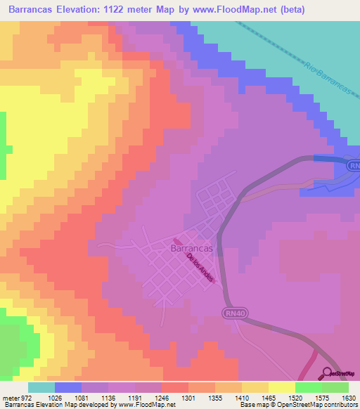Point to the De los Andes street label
tap(200, 268)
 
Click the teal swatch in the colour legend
tap(41, 387)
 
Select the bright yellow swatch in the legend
tap(282, 387)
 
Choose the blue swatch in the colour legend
tap(68, 387)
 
